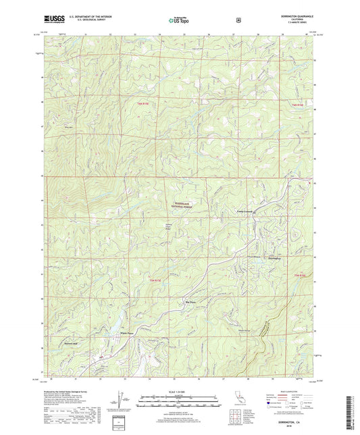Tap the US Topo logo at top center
[179, 21]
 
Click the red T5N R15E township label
[154, 280]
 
